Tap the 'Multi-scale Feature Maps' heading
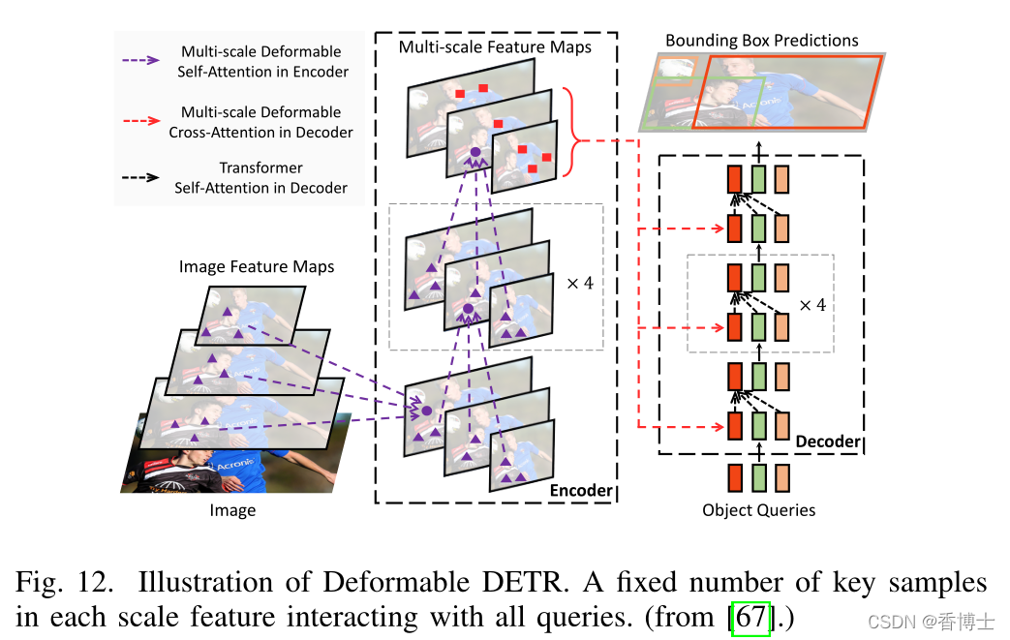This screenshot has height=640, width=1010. pos(495,46)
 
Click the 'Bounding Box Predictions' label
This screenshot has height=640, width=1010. pos(761,41)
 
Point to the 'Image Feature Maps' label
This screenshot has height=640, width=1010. pos(257,266)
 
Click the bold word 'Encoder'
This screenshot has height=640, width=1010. pos(581,490)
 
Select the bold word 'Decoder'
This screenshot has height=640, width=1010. pos(827,442)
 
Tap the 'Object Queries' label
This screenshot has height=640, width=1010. pos(759,510)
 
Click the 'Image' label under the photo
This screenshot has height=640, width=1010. pos(232,510)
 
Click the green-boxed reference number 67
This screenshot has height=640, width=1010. pos(750,617)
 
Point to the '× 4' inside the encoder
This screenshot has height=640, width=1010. pos(579,284)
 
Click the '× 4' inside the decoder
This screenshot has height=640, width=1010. pos(812,304)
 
